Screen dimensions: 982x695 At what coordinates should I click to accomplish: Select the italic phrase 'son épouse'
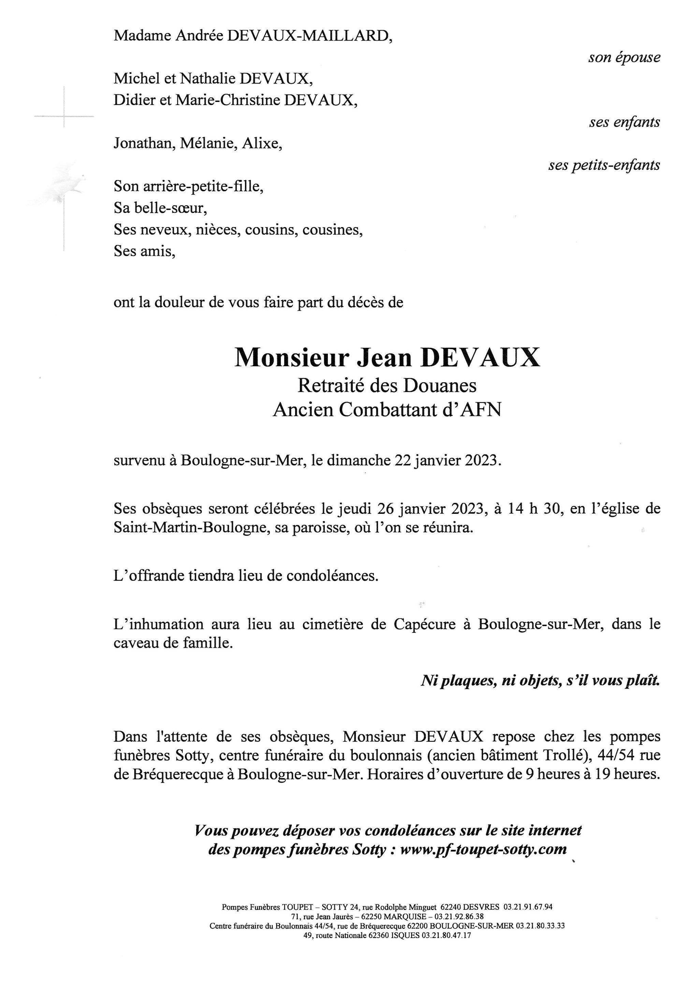[624, 57]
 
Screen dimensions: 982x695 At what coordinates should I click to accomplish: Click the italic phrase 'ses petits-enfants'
[604, 165]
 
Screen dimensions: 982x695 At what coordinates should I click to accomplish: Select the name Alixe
[262, 143]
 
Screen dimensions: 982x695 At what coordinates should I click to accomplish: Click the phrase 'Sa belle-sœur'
[160, 208]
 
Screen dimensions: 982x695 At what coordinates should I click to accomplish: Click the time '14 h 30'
[535, 509]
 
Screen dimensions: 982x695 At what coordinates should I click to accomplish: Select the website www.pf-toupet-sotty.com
[483, 849]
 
